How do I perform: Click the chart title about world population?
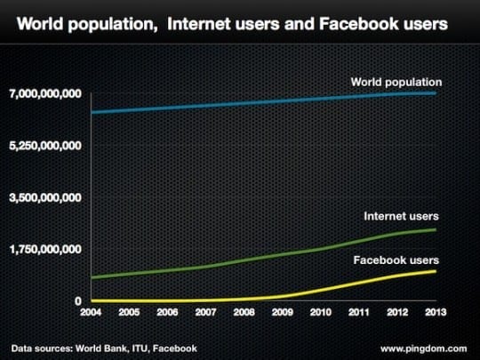point(232,24)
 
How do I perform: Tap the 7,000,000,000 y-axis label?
point(46,93)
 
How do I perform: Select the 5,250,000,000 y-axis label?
point(46,145)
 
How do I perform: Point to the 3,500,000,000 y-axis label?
point(46,197)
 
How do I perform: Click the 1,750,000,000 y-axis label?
point(46,249)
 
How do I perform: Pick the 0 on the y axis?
point(78,301)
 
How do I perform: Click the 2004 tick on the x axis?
point(92,314)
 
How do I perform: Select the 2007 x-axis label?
point(205,314)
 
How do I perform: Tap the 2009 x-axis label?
point(281,314)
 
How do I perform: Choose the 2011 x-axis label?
point(356,314)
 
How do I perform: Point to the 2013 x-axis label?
point(432,314)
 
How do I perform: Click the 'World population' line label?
point(396,83)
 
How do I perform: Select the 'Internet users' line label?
point(401,216)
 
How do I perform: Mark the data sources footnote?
point(105,347)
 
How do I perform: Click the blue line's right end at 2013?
point(435,92)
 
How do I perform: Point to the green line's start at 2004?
point(92,277)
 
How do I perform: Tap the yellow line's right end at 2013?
point(435,270)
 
